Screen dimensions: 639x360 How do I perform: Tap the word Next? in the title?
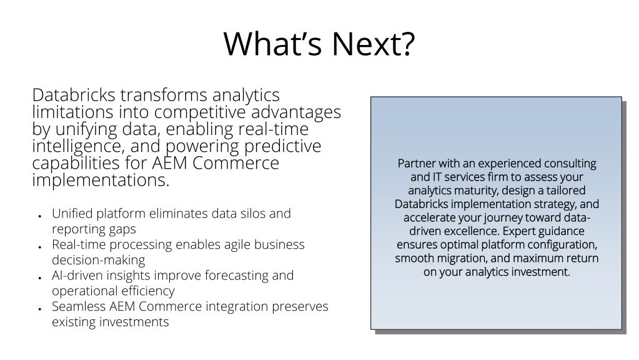374,43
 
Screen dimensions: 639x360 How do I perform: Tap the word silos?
250,213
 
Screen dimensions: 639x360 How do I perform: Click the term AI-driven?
77,276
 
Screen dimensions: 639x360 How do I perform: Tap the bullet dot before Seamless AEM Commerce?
40,309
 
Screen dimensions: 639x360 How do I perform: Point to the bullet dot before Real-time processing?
40,247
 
